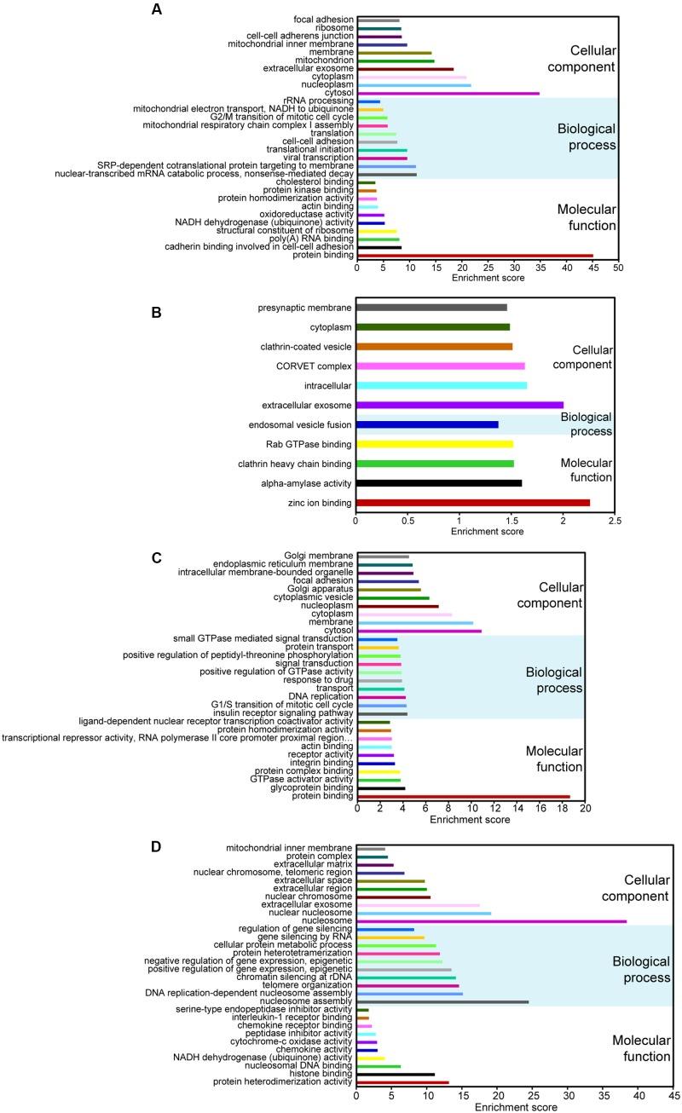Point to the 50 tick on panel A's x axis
pos(618,267)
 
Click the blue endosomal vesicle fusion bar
pos(426,424)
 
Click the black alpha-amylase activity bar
pos(438,483)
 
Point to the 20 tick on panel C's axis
pos(585,808)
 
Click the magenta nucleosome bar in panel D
pos(491,920)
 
